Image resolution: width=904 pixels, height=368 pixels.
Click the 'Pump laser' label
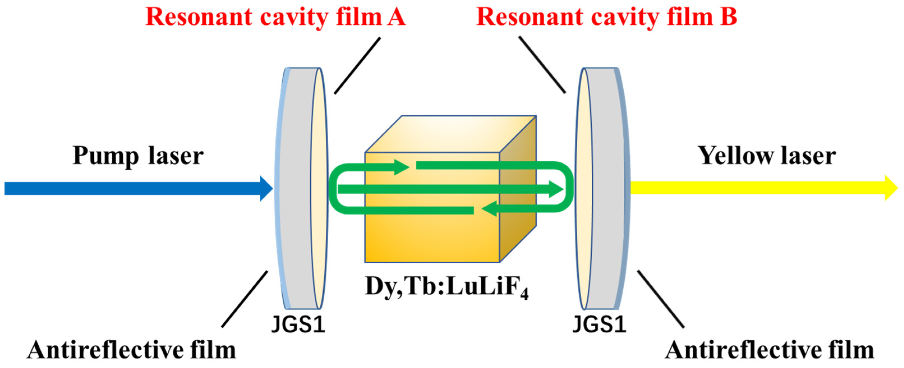(x=138, y=156)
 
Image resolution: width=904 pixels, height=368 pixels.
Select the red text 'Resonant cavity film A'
(x=275, y=17)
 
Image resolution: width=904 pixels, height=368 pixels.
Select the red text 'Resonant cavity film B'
(x=607, y=17)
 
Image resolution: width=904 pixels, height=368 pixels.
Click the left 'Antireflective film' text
(x=132, y=350)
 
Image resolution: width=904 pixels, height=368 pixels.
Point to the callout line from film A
(x=357, y=66)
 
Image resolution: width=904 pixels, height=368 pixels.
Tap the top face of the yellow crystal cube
(x=451, y=134)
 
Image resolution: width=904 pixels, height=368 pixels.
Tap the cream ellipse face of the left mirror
(x=319, y=188)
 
